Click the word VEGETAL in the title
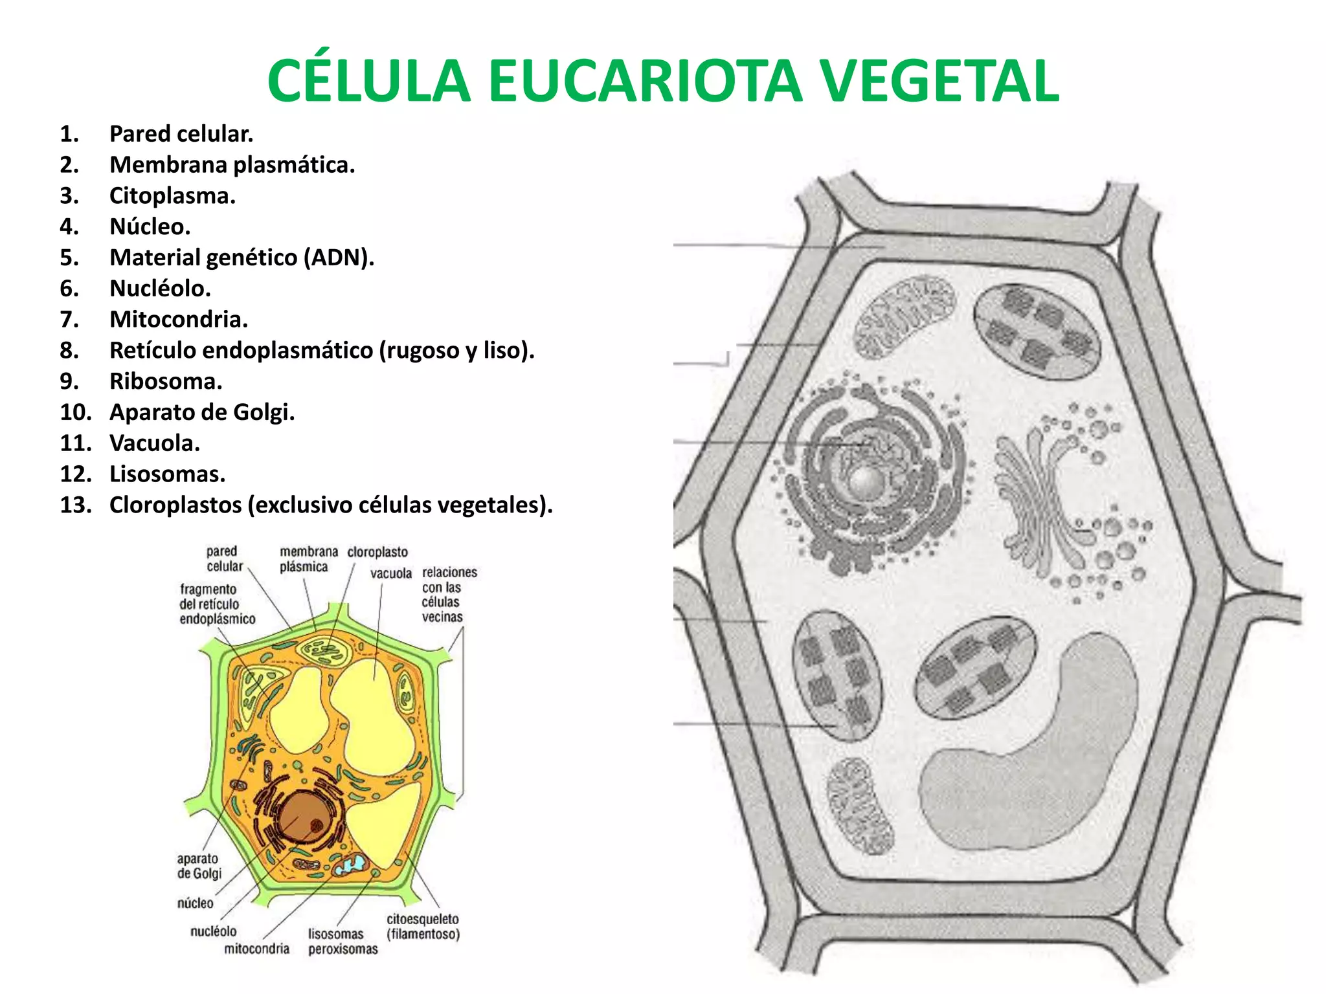939,82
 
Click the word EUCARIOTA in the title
644,82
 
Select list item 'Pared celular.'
181,134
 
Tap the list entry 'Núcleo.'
150,226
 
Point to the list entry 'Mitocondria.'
178,319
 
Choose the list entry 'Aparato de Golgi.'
201,412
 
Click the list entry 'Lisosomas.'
167,474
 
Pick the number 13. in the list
75,505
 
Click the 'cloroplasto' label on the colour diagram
377,552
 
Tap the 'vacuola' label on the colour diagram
390,573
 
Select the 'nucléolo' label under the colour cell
213,931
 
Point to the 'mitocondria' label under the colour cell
256,949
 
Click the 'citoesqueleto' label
423,919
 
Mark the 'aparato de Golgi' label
199,866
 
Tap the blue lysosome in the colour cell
354,863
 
